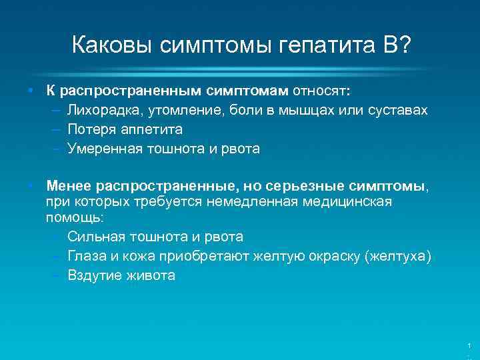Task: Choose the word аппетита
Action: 150,129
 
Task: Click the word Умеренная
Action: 105,149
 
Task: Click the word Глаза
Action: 87,256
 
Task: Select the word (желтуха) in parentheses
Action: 397,256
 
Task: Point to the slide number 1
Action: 469,345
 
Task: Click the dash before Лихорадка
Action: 55,109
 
